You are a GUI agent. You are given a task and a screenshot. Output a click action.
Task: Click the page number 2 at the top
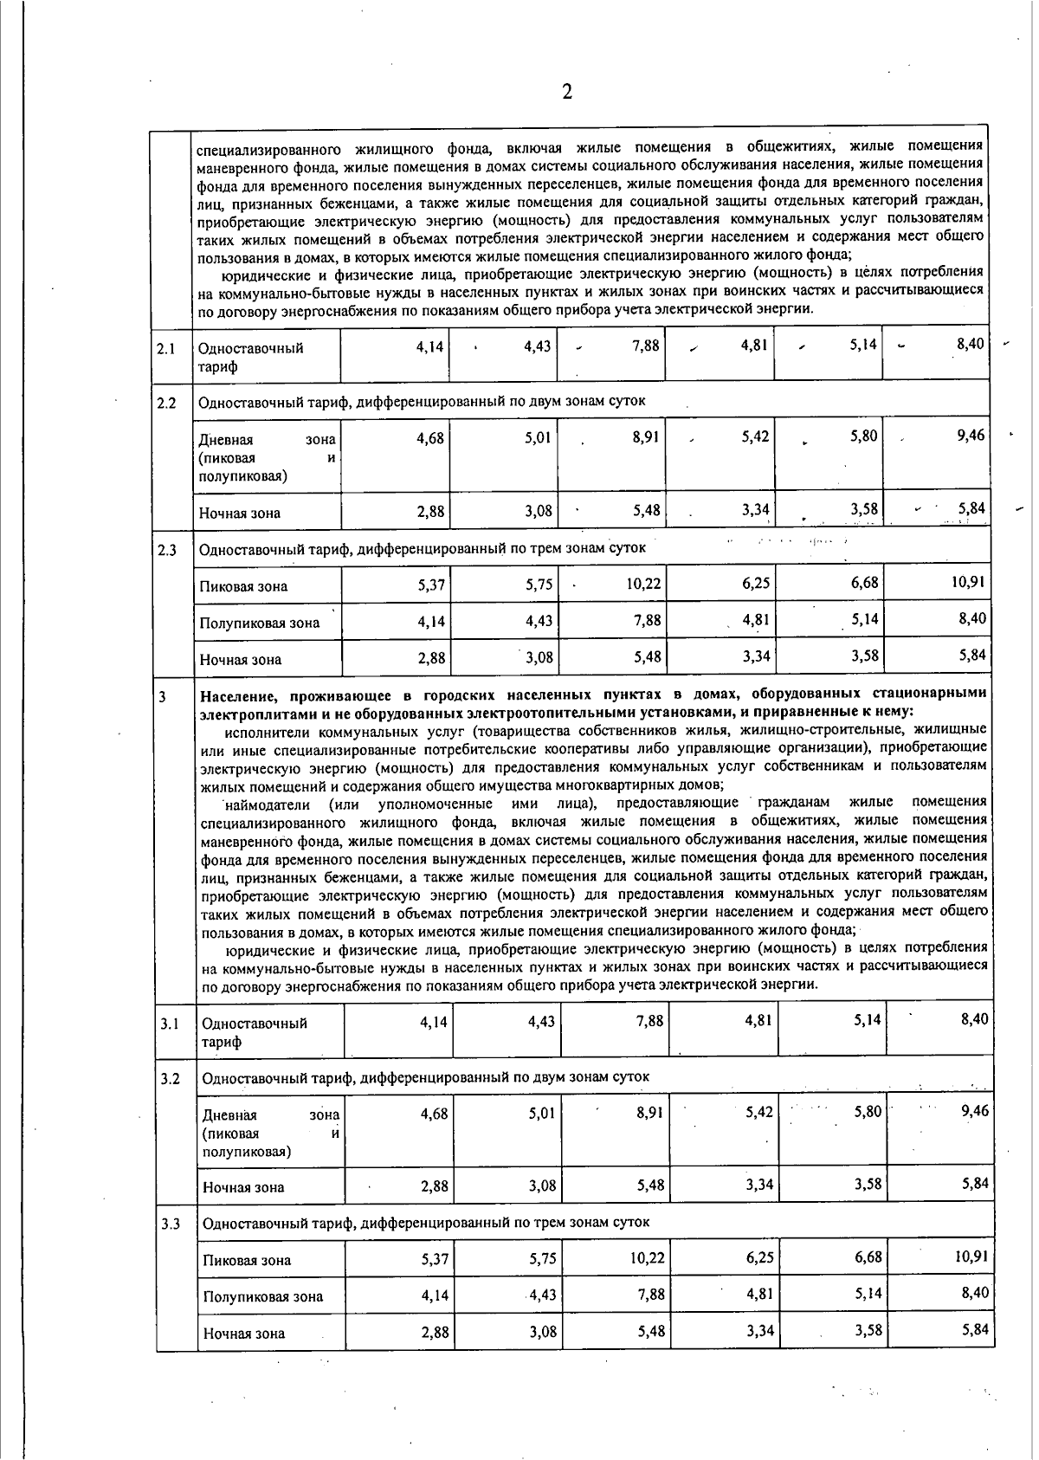tap(567, 92)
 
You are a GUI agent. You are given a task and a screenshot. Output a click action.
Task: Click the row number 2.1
tap(167, 349)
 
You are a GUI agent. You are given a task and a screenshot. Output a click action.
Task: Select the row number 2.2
tap(167, 403)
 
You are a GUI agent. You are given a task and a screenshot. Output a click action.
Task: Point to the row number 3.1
tap(169, 1024)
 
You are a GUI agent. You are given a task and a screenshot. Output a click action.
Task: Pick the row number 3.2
tap(170, 1078)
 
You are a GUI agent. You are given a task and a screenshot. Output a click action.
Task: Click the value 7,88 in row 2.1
tap(646, 346)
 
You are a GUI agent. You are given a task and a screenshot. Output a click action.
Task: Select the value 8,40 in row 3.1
tap(974, 1020)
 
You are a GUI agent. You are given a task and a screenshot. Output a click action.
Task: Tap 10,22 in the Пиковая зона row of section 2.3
tap(643, 584)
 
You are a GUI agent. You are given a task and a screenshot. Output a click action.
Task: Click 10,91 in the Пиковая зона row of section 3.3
tap(971, 1257)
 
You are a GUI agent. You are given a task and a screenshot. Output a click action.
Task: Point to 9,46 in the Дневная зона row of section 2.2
tap(971, 436)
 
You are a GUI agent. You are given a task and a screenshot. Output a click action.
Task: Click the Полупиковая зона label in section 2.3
tap(259, 623)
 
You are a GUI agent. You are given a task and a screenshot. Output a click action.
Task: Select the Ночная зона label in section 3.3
tap(243, 1334)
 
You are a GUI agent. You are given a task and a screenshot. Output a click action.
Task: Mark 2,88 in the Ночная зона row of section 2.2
tap(430, 511)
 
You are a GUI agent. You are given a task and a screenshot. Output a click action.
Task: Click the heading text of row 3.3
tap(425, 1223)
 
